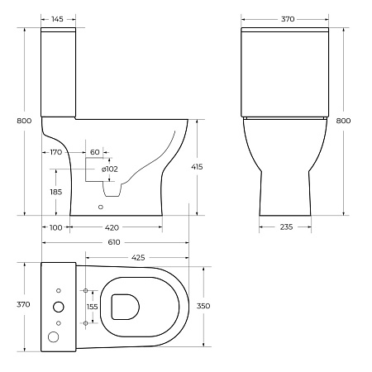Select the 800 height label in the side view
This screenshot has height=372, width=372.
coord(25,122)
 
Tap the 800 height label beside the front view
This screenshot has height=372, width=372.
coord(343,122)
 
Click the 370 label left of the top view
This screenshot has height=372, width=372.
coord(24,304)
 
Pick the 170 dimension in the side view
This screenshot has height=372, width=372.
coord(56,152)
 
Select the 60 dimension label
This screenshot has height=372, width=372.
coord(95,152)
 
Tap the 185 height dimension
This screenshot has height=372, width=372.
coord(56,192)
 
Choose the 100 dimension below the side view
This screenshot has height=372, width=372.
coord(56,227)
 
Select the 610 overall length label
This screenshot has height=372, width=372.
coord(114,242)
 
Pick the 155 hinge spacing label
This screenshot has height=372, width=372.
coord(93,306)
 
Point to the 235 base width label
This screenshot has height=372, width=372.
coord(285,227)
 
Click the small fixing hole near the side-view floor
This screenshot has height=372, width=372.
coord(102,207)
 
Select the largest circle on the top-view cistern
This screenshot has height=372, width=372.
coord(55,336)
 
